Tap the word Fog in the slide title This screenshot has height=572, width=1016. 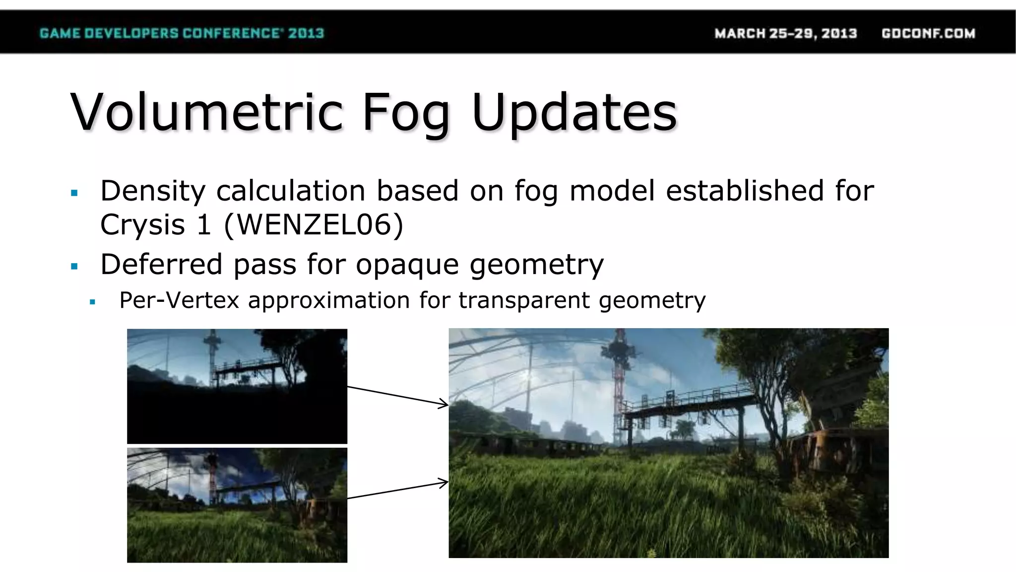[406, 114]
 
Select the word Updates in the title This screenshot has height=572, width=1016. [574, 114]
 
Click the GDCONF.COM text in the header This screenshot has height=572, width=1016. [928, 33]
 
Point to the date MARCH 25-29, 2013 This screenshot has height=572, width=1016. [785, 33]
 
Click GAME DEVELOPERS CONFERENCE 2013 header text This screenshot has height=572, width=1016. [182, 33]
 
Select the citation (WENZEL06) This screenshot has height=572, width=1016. [314, 224]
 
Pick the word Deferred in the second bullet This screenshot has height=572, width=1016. [161, 264]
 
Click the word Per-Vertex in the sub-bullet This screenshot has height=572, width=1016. [179, 300]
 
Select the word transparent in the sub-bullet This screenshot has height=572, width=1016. [524, 301]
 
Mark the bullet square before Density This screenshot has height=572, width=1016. [75, 193]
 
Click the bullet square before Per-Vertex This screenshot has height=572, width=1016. [92, 302]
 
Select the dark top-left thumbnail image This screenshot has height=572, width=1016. [237, 386]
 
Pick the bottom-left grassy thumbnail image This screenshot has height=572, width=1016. [237, 505]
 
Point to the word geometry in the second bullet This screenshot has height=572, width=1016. [536, 265]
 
